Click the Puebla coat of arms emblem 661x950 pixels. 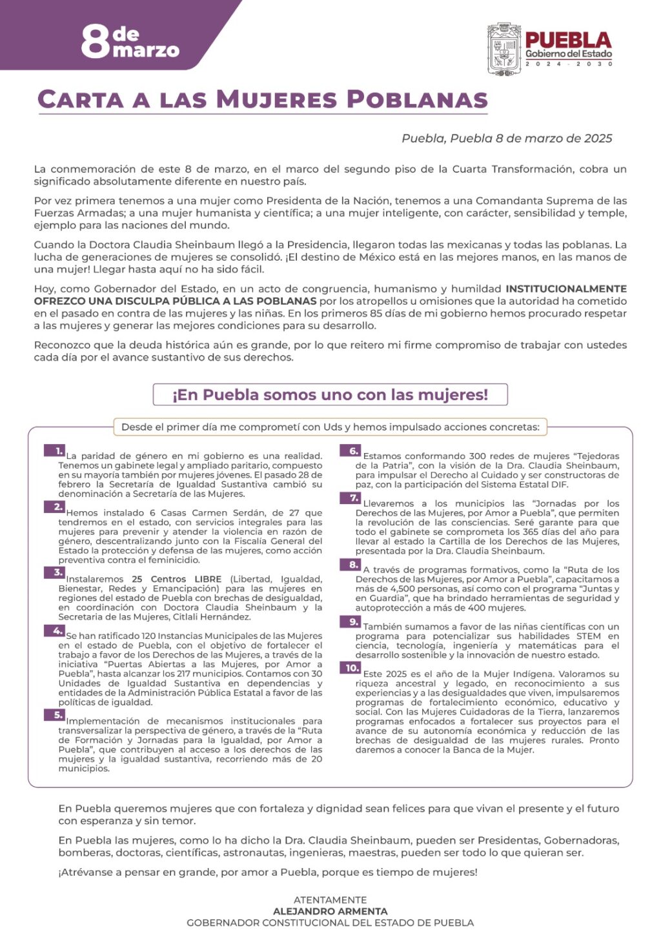point(503,50)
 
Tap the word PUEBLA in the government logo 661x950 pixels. point(568,40)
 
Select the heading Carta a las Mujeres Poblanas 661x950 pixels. point(263,99)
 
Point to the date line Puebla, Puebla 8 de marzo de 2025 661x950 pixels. point(507,138)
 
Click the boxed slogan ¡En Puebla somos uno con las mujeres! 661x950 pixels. point(330,394)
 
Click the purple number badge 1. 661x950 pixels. point(55,451)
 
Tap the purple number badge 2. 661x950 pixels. point(54,507)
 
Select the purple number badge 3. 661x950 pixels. point(54,573)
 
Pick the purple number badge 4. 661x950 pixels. point(54,631)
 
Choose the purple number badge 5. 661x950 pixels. point(54,715)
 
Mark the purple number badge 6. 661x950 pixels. point(350,451)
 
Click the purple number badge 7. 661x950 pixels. point(350,498)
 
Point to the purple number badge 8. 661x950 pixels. point(350,565)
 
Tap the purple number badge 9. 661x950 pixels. point(350,622)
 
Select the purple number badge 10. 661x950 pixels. point(350,669)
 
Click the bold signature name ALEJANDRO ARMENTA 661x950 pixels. point(330,911)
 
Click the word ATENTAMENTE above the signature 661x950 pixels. point(330,900)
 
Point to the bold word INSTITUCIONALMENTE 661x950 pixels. point(565,288)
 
